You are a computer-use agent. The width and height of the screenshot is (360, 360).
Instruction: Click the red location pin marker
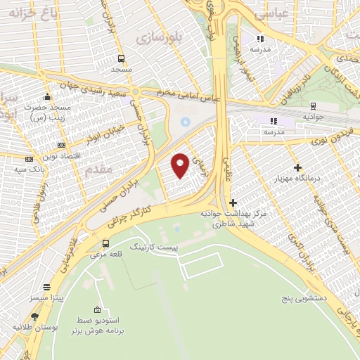point(181,165)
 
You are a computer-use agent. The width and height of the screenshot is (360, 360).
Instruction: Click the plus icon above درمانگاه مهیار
point(298,167)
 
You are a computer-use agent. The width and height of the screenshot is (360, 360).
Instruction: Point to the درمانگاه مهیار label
point(299,179)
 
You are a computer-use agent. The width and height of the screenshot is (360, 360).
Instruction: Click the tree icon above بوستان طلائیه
point(34,316)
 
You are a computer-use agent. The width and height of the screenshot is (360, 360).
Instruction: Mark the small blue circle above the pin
point(185,122)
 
